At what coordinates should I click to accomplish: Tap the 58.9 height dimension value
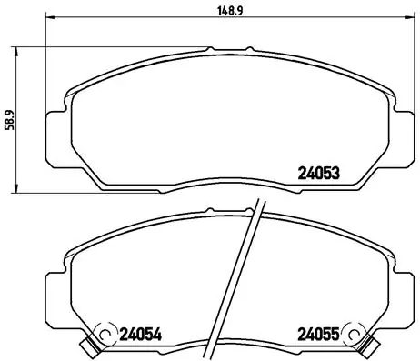click(x=8, y=120)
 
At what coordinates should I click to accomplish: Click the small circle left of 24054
click(x=105, y=333)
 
